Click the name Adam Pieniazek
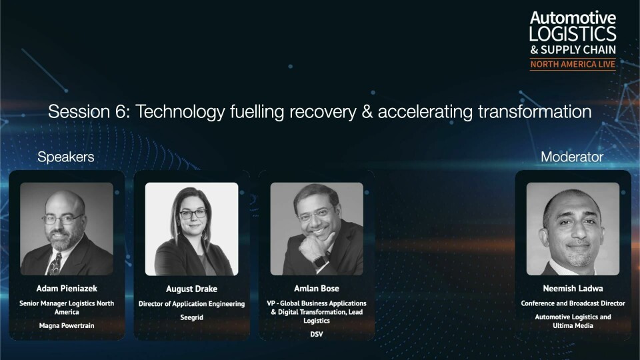tap(67, 289)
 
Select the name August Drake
tap(191, 289)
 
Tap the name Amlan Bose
tap(316, 289)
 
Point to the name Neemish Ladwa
tap(573, 289)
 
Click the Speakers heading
tap(66, 157)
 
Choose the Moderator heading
tap(572, 157)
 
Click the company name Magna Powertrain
tap(67, 326)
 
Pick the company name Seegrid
tap(191, 317)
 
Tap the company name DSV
tap(316, 334)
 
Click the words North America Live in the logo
tap(573, 64)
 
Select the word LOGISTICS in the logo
tap(573, 34)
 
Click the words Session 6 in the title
tap(89, 111)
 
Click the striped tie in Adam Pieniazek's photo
tap(55, 264)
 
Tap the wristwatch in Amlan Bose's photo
tap(321, 261)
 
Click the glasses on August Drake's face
tap(193, 214)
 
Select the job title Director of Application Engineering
tap(191, 304)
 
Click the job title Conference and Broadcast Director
tap(573, 303)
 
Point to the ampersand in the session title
tap(367, 112)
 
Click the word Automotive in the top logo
tap(573, 18)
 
